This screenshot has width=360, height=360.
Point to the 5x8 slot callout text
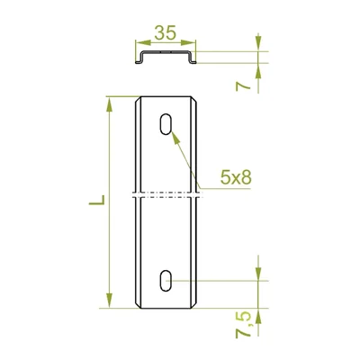pyautogui.click(x=237, y=179)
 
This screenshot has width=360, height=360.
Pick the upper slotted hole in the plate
pyautogui.click(x=166, y=125)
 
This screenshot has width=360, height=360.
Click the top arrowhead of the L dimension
pyautogui.click(x=110, y=103)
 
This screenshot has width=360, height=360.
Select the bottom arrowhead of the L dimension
pyautogui.click(x=110, y=304)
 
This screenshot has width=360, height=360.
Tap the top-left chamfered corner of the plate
pyautogui.click(x=137, y=101)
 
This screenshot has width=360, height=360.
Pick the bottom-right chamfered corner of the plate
pyautogui.click(x=196, y=305)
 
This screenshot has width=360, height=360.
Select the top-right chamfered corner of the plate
pyautogui.click(x=196, y=101)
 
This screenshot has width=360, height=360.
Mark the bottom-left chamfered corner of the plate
pyautogui.click(x=137, y=305)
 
